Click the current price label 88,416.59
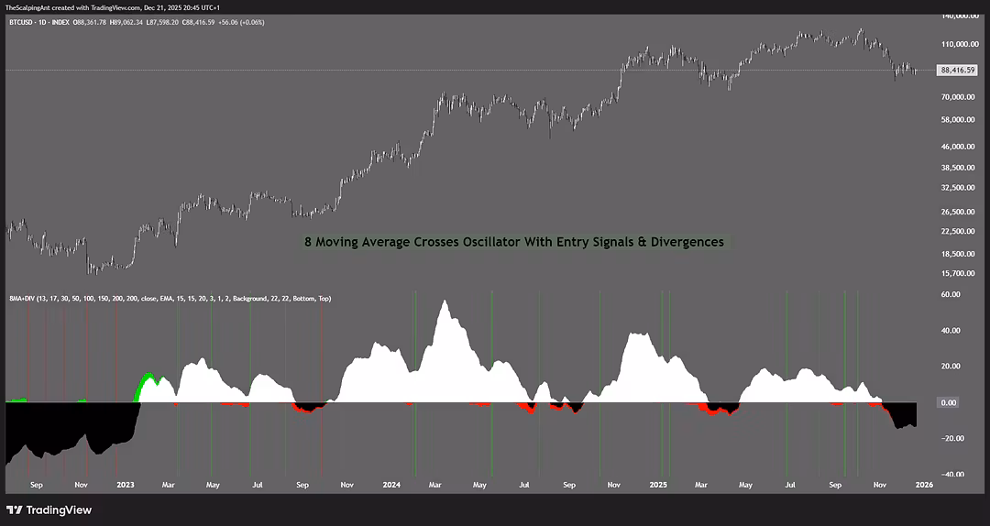(x=957, y=70)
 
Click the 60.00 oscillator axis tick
(x=950, y=295)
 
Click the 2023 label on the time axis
(x=125, y=484)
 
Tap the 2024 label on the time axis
(x=391, y=484)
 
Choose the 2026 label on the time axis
(x=923, y=484)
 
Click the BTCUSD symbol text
(x=21, y=22)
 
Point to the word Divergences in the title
(x=688, y=242)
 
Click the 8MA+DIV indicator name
(x=21, y=298)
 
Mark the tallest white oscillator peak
(x=445, y=302)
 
